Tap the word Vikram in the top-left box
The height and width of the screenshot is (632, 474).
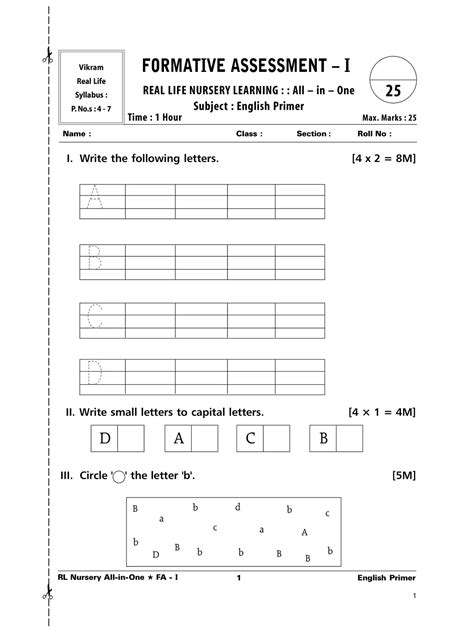coord(91,66)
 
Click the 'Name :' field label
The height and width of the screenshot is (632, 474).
coord(76,133)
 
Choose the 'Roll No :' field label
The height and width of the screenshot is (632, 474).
coord(375,133)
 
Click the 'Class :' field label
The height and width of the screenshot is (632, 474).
coord(248,133)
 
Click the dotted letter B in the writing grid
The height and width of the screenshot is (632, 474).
coord(96,257)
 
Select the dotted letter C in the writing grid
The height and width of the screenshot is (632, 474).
coord(96,317)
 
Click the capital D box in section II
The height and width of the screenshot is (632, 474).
coord(104,438)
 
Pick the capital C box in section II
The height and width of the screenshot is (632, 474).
coord(251,438)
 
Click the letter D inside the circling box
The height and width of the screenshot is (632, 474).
coord(155,554)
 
